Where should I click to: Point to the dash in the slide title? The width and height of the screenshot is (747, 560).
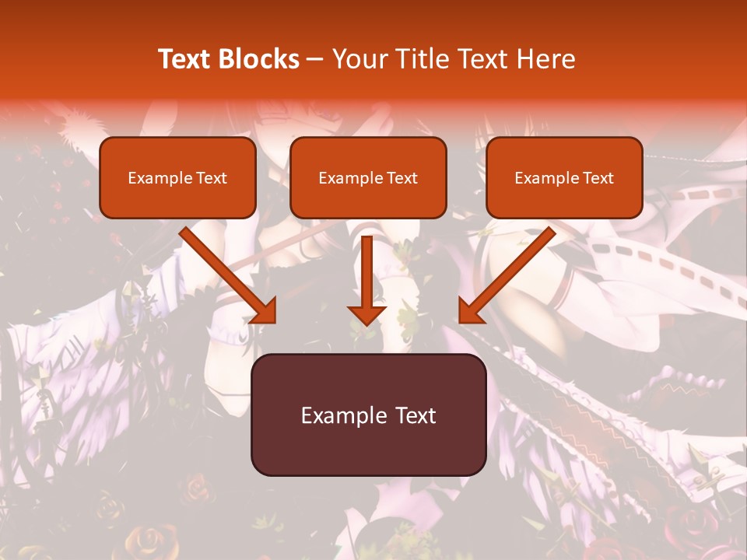[316, 59]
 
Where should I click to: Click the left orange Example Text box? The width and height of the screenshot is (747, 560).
[177, 178]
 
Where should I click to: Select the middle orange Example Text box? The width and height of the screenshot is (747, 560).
[368, 178]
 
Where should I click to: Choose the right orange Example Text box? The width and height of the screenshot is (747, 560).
[564, 178]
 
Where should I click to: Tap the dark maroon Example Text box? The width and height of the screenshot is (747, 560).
[368, 415]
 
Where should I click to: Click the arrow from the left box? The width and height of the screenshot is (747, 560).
[226, 272]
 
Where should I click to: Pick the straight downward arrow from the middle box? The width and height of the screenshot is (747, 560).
[367, 276]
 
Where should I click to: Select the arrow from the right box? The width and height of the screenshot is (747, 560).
[510, 272]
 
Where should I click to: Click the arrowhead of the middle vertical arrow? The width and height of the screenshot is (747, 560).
[367, 313]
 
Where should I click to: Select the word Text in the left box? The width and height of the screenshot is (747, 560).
[210, 178]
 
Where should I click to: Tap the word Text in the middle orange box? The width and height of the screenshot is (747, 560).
[402, 178]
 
